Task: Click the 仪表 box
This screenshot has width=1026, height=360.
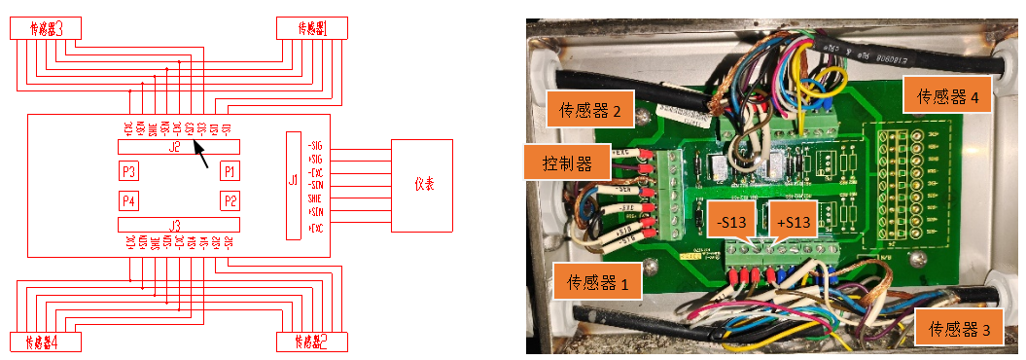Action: point(422,185)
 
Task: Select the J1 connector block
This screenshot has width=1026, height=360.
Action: point(293,185)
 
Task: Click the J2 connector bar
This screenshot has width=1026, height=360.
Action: point(177,147)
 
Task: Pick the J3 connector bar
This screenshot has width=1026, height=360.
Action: point(177,225)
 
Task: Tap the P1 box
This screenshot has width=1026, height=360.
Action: point(230,171)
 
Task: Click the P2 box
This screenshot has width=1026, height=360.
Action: point(230,201)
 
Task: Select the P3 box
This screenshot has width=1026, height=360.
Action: point(128,171)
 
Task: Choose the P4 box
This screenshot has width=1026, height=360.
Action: point(128,201)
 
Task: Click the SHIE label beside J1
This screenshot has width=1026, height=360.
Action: point(314,198)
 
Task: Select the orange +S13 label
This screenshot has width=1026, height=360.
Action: point(793,221)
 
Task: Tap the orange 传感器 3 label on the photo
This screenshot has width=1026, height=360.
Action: point(959,328)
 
